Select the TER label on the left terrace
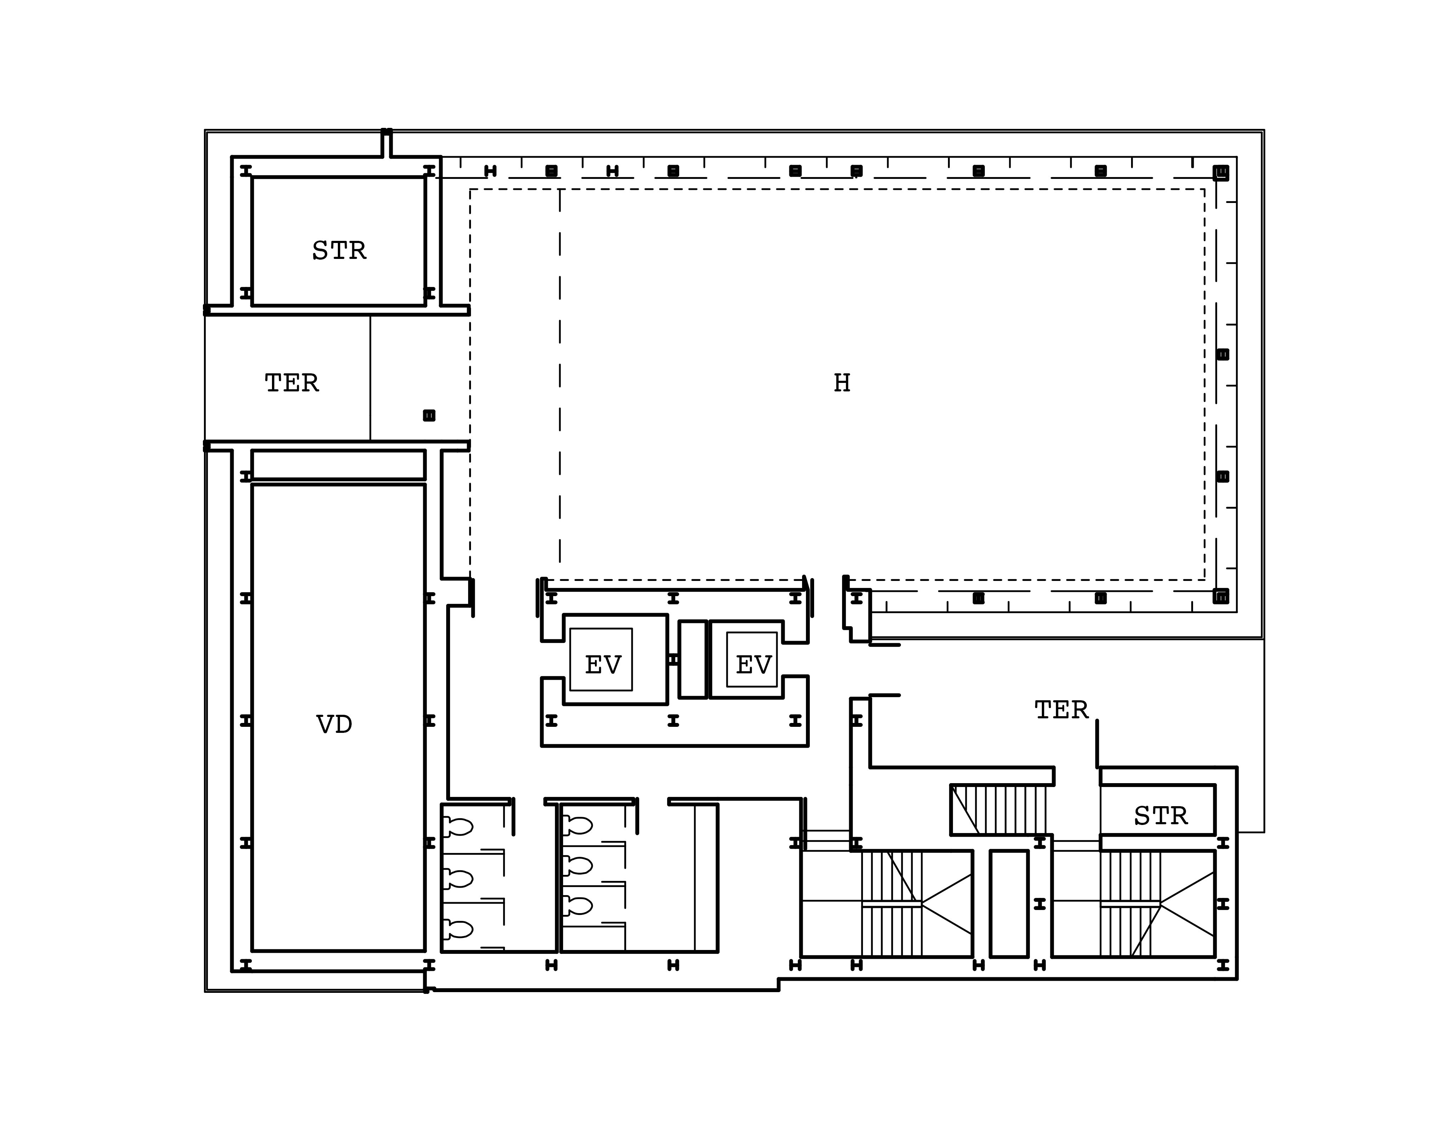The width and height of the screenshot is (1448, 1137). click(291, 383)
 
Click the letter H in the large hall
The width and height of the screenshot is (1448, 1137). click(842, 383)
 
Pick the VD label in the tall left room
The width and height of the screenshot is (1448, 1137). click(334, 724)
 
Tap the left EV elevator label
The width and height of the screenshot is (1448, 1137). click(603, 664)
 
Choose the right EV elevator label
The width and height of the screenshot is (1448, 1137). click(753, 664)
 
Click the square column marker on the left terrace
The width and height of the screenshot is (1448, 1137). click(429, 415)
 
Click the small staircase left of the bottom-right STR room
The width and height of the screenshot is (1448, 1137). click(998, 809)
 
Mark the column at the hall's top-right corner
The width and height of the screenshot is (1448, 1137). click(1220, 173)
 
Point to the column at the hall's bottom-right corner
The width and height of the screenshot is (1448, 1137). click(1220, 596)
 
